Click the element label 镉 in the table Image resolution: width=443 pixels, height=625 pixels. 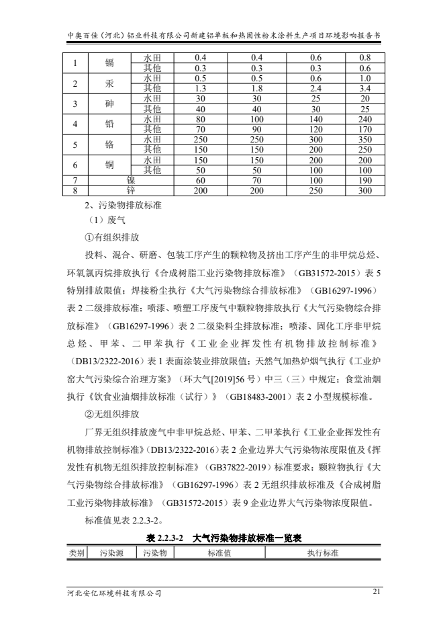[x=109, y=62]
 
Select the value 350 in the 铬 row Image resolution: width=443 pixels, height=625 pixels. [x=365, y=140]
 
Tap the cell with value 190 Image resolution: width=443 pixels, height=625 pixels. [x=365, y=181]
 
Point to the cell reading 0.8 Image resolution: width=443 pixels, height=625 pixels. [x=365, y=57]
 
